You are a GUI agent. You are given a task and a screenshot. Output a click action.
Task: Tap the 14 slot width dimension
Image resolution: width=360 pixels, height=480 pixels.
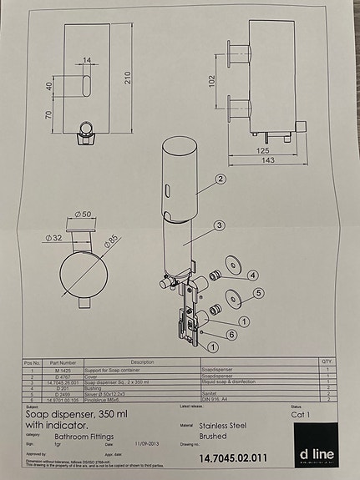pyautogui.click(x=87, y=60)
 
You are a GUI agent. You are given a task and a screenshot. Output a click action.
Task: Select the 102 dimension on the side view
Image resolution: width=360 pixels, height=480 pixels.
pyautogui.click(x=211, y=81)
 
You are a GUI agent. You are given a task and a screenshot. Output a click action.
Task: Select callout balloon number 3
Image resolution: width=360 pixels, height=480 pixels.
pyautogui.click(x=217, y=225)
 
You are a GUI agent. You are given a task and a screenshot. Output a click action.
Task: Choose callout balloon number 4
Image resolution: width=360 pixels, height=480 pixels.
pyautogui.click(x=252, y=275)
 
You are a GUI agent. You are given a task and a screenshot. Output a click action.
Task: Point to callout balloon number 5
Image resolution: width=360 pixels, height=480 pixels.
pyautogui.click(x=258, y=292)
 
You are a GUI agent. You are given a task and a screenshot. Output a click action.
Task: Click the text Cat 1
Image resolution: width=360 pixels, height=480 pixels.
pyautogui.click(x=300, y=413)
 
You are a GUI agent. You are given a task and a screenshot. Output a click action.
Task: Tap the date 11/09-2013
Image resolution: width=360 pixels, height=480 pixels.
pyautogui.click(x=147, y=445)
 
